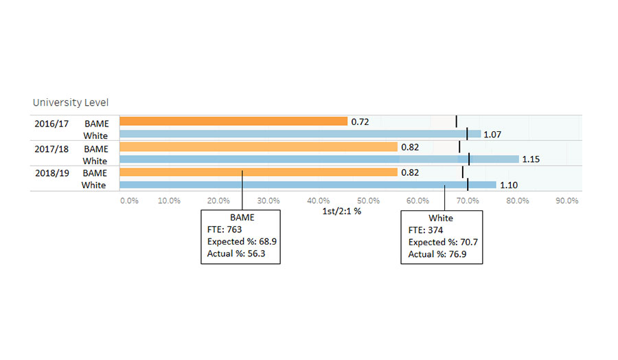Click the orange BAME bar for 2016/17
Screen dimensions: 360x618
233,122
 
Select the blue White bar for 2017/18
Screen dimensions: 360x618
319,159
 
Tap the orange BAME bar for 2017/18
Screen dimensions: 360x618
258,147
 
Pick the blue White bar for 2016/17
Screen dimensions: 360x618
300,135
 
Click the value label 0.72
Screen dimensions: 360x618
360,122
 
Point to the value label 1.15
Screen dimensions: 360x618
531,159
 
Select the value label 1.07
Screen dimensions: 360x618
492,135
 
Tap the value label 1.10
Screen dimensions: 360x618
509,185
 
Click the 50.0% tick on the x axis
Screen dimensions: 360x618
369,201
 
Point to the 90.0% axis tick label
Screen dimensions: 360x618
567,201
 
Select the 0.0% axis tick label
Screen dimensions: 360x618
129,201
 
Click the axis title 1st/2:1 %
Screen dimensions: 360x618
341,212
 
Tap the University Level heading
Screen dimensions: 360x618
71,102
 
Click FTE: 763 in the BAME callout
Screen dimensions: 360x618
225,229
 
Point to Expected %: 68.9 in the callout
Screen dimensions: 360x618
242,242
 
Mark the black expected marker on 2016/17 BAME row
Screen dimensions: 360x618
457,122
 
